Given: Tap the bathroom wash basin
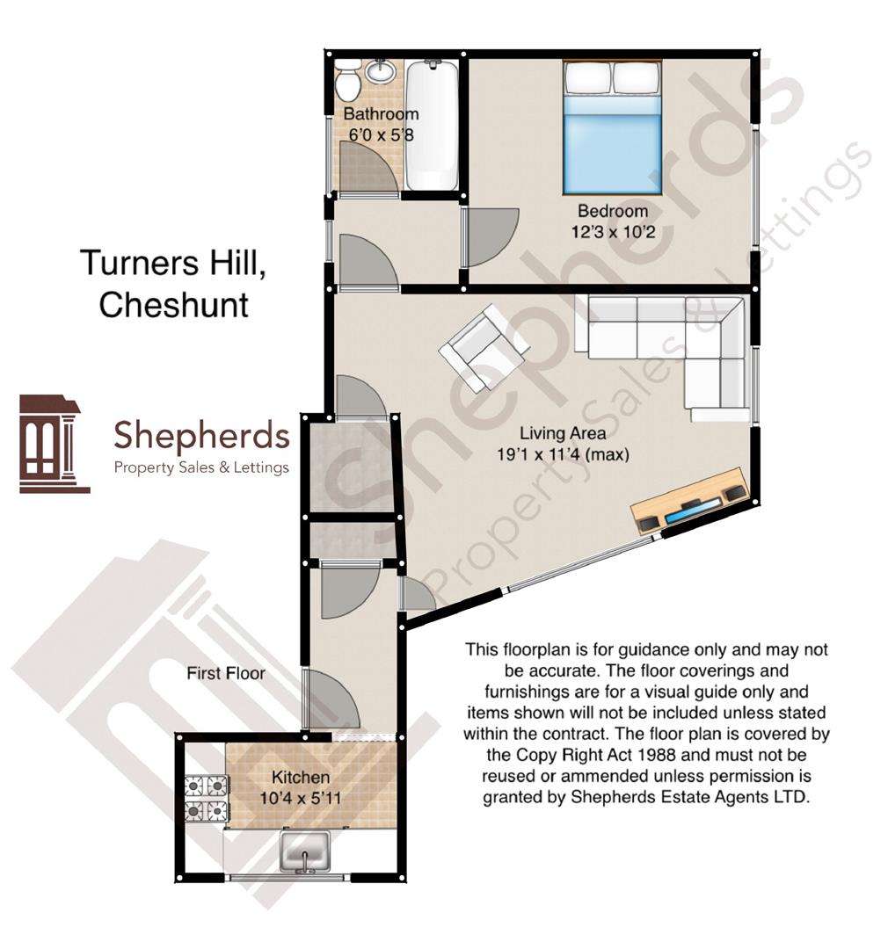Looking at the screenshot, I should [381, 71].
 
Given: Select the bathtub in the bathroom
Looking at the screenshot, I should [433, 125].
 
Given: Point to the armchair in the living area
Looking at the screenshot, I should [484, 348].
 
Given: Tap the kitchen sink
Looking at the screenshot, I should [304, 851].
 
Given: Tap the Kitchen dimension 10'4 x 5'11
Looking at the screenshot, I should [301, 798].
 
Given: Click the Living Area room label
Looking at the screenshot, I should [562, 432].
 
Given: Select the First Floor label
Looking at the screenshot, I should [226, 673].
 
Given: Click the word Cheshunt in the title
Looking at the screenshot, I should [173, 305].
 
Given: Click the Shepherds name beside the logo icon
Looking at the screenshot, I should [201, 435].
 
